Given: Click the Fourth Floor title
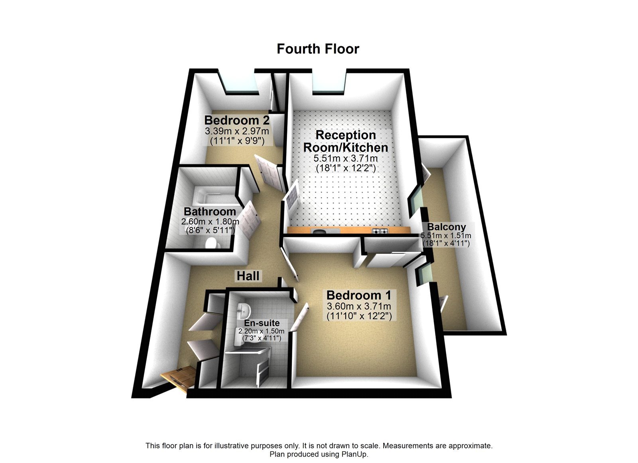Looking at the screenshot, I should [318, 49].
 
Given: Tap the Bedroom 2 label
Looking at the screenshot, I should [236, 120].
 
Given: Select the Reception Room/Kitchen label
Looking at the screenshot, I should [346, 141].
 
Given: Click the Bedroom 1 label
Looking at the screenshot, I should [359, 295].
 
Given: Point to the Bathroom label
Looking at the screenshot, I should [210, 211].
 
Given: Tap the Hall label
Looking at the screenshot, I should [248, 275].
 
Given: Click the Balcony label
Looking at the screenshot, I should [447, 227].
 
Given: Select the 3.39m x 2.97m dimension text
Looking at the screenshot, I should [236, 131].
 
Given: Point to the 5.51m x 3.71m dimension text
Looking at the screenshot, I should [346, 158].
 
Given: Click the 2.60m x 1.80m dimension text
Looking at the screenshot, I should [210, 222].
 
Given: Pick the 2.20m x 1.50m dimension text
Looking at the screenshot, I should [262, 331].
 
